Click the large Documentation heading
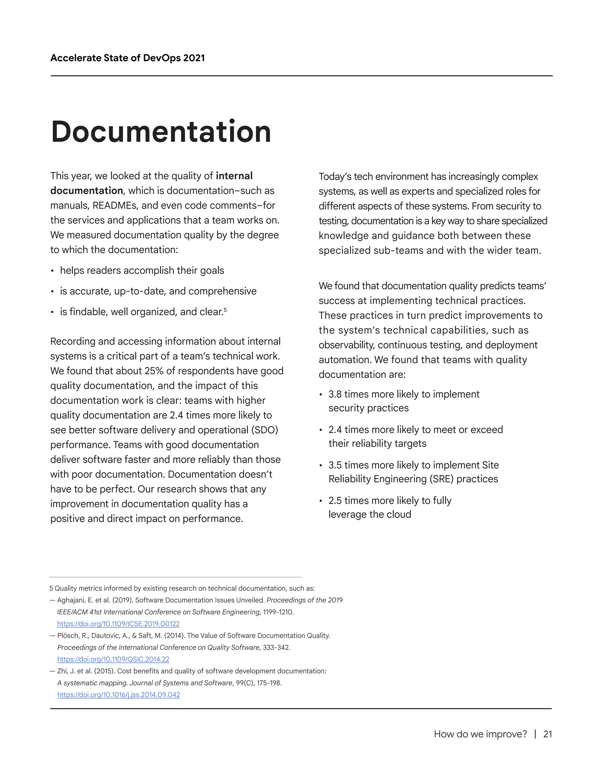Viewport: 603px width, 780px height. point(161,132)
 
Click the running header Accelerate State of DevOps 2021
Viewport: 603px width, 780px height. point(127,58)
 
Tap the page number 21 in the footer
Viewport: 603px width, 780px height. point(547,734)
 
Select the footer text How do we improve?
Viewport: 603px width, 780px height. point(480,734)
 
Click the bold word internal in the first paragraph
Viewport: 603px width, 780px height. point(234,176)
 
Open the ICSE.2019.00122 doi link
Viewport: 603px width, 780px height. point(118,624)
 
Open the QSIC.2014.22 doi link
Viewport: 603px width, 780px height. point(113,659)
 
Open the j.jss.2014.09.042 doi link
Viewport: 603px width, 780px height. point(119,694)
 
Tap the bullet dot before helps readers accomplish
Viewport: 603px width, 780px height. point(52,271)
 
